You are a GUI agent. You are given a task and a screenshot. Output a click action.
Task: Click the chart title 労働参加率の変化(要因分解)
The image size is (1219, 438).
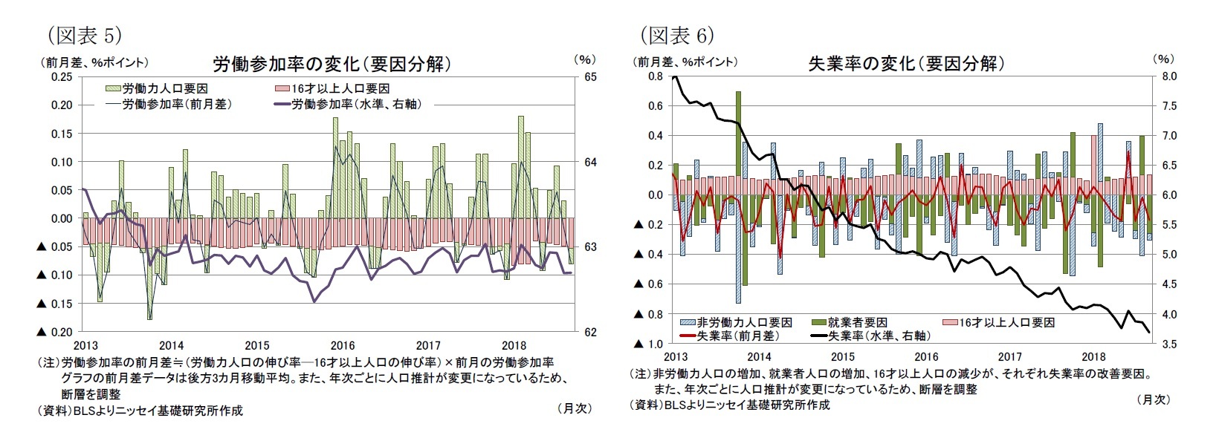pos(332,64)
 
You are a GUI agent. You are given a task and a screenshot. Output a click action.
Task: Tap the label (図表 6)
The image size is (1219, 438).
pos(677,36)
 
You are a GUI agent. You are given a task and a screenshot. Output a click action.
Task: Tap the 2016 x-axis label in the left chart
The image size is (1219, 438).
pos(343,345)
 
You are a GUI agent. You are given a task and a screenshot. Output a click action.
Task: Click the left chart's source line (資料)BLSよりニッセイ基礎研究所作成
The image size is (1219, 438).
pos(140,411)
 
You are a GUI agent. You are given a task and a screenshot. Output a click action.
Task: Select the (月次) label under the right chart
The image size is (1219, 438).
pos(1153,399)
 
